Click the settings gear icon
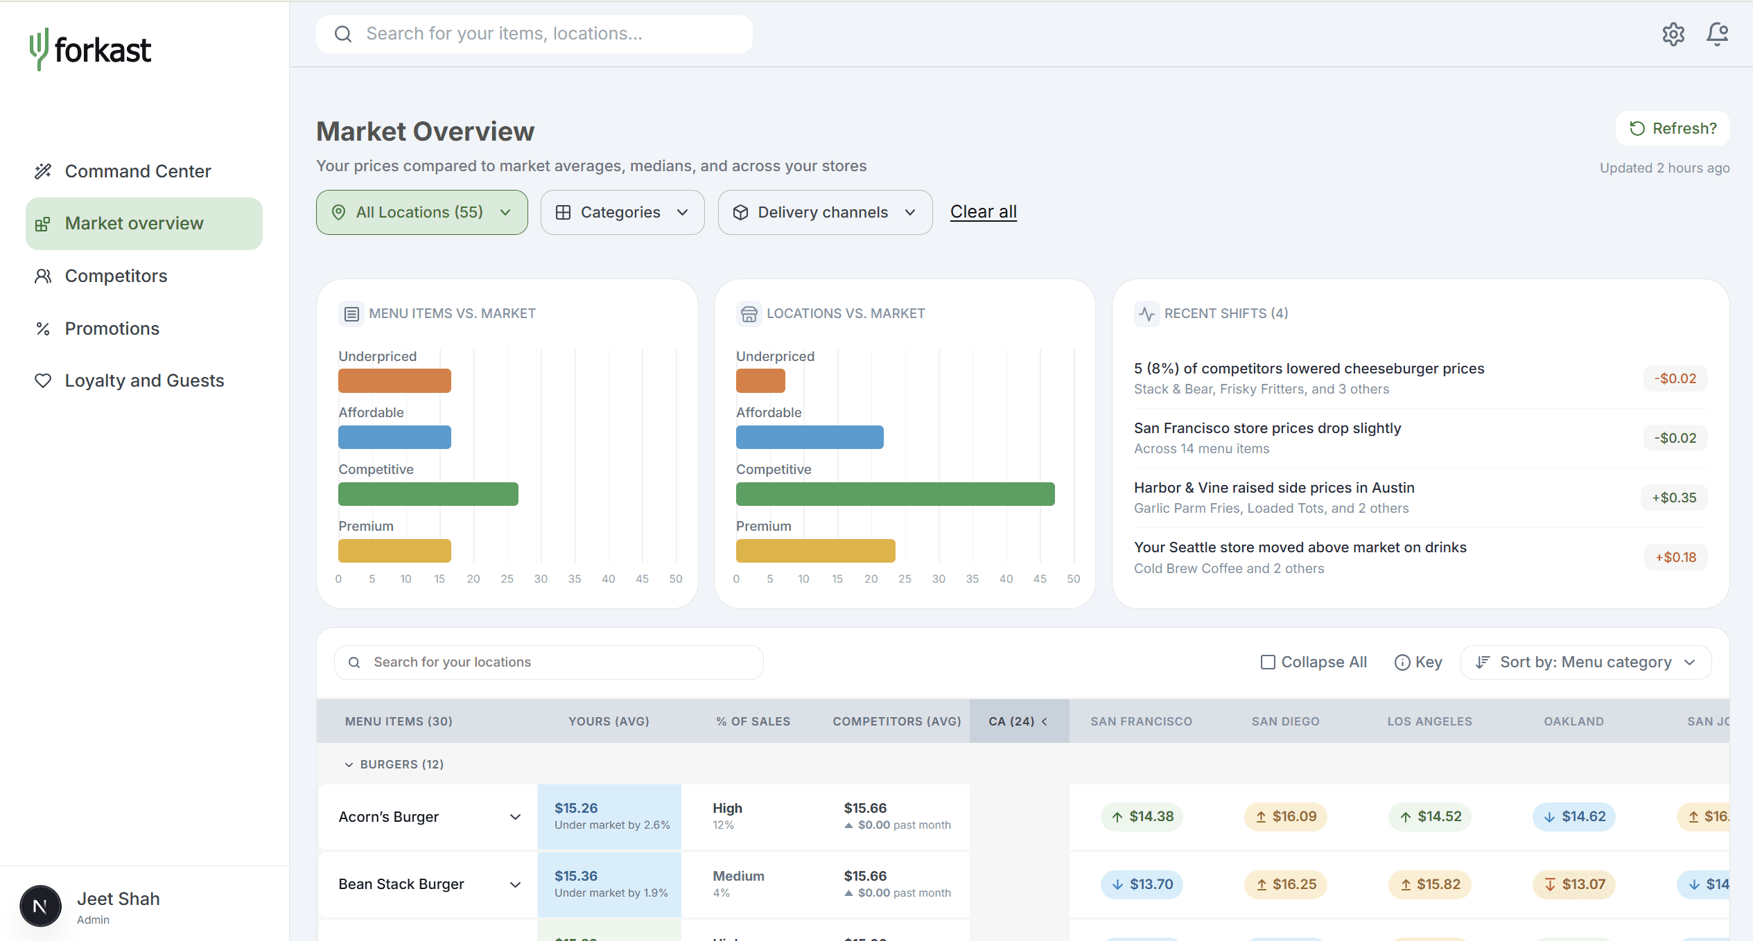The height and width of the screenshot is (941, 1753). coord(1673,34)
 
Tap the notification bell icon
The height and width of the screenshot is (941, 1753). coord(1717,34)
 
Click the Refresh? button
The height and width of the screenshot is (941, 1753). coord(1673,129)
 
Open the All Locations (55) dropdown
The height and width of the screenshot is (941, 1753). coord(421,213)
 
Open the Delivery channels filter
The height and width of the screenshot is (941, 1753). coord(825,213)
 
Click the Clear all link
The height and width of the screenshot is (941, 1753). coord(984,212)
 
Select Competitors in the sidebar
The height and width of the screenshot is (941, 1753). coord(116,276)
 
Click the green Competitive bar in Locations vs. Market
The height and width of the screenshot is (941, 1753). coord(896,494)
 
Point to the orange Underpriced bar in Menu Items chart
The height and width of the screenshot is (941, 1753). coord(394,381)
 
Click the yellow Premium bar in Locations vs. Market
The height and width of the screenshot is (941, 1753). coord(816,551)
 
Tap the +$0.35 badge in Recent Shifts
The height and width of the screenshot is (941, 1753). coord(1674,498)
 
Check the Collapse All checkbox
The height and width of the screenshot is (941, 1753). coord(1268,662)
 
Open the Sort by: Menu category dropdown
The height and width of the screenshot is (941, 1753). coord(1586,662)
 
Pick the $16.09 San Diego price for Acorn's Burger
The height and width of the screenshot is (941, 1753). coord(1286,817)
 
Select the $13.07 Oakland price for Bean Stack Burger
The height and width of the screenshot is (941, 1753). coord(1574,885)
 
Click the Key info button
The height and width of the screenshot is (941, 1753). coord(1418,662)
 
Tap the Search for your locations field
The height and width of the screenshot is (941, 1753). coord(549,662)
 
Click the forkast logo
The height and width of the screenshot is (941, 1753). coord(90,50)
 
